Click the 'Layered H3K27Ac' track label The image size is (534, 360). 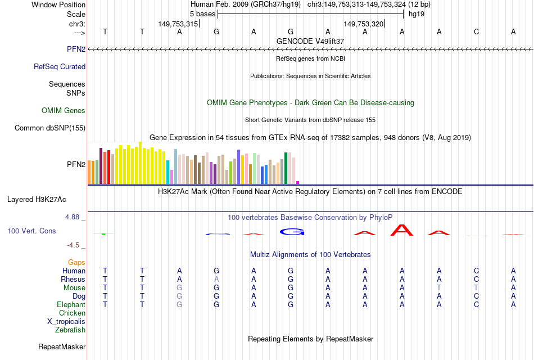click(x=37, y=199)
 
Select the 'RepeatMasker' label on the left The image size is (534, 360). click(x=61, y=346)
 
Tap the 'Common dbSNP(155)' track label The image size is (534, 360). click(x=49, y=128)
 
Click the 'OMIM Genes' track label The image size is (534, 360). click(x=63, y=111)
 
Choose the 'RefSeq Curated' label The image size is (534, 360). click(x=60, y=66)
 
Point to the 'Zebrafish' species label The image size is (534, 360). click(x=70, y=330)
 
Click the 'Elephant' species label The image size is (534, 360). click(x=71, y=304)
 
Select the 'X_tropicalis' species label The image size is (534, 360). click(x=66, y=321)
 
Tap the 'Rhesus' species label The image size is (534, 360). click(x=73, y=279)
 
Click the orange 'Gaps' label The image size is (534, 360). click(x=76, y=263)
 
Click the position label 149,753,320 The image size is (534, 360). click(x=363, y=24)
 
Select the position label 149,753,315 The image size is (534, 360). click(x=178, y=24)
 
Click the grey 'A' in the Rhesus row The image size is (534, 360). click(x=216, y=279)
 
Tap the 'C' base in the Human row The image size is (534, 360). click(x=476, y=271)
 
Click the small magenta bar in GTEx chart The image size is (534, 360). click(x=298, y=182)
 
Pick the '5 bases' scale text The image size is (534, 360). click(x=202, y=13)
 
